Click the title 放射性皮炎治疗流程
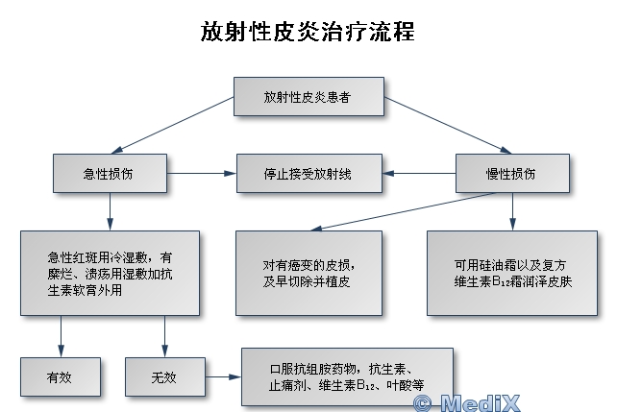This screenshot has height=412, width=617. (x=308, y=32)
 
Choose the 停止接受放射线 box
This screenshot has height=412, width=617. (x=308, y=174)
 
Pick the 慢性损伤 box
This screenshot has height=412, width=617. (x=511, y=174)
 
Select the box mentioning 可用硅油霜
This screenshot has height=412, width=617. (x=511, y=273)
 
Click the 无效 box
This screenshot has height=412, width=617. (x=164, y=376)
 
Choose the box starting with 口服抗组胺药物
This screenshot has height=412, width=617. (x=346, y=376)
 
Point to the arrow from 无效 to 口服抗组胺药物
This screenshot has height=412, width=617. (x=220, y=376)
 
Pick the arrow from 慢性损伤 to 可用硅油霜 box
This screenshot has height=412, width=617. (x=512, y=210)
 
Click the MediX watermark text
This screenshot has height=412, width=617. (x=474, y=402)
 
